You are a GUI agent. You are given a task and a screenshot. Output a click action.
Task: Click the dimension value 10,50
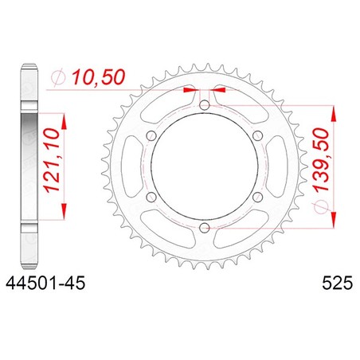coord(99,77)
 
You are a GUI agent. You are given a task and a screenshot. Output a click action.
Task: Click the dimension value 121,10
coord(52,160)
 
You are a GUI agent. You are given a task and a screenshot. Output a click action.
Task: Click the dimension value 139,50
coord(321,159)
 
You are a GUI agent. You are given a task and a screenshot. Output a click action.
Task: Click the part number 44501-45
coord(45,283)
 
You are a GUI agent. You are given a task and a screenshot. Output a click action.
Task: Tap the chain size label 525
coord(338,283)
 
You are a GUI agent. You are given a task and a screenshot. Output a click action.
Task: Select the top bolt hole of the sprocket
coord(204,105)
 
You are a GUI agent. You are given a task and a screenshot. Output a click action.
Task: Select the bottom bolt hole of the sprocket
coord(204,228)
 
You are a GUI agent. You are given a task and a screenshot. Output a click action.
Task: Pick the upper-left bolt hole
coord(151,136)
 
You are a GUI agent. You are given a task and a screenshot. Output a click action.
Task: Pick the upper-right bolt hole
coord(257,136)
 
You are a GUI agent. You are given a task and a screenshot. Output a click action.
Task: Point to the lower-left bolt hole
coord(151,197)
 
